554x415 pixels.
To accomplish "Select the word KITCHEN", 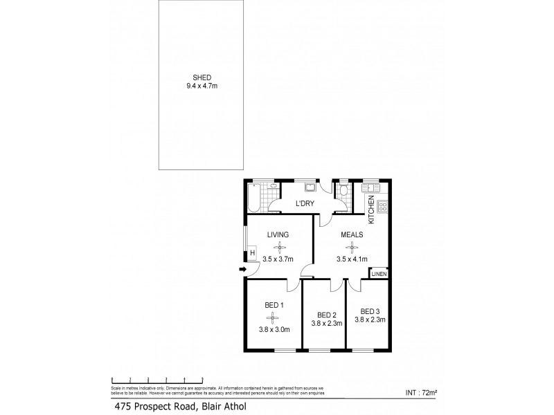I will click(372, 210).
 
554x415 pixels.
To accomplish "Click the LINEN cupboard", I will click(379, 274).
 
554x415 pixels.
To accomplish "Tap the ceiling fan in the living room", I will click(280, 247).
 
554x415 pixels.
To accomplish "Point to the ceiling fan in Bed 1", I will click(274, 317).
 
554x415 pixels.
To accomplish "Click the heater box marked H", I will click(252, 254).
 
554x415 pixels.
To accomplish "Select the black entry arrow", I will click(242, 269).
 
